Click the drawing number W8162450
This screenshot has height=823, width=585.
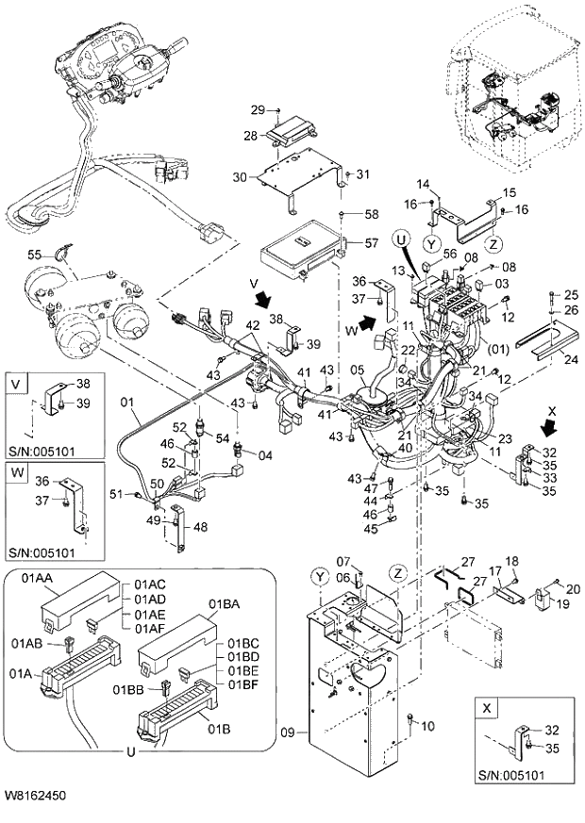pyautogui.click(x=35, y=797)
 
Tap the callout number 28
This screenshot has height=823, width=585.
pyautogui.click(x=250, y=137)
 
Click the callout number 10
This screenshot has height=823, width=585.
pyautogui.click(x=427, y=726)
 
